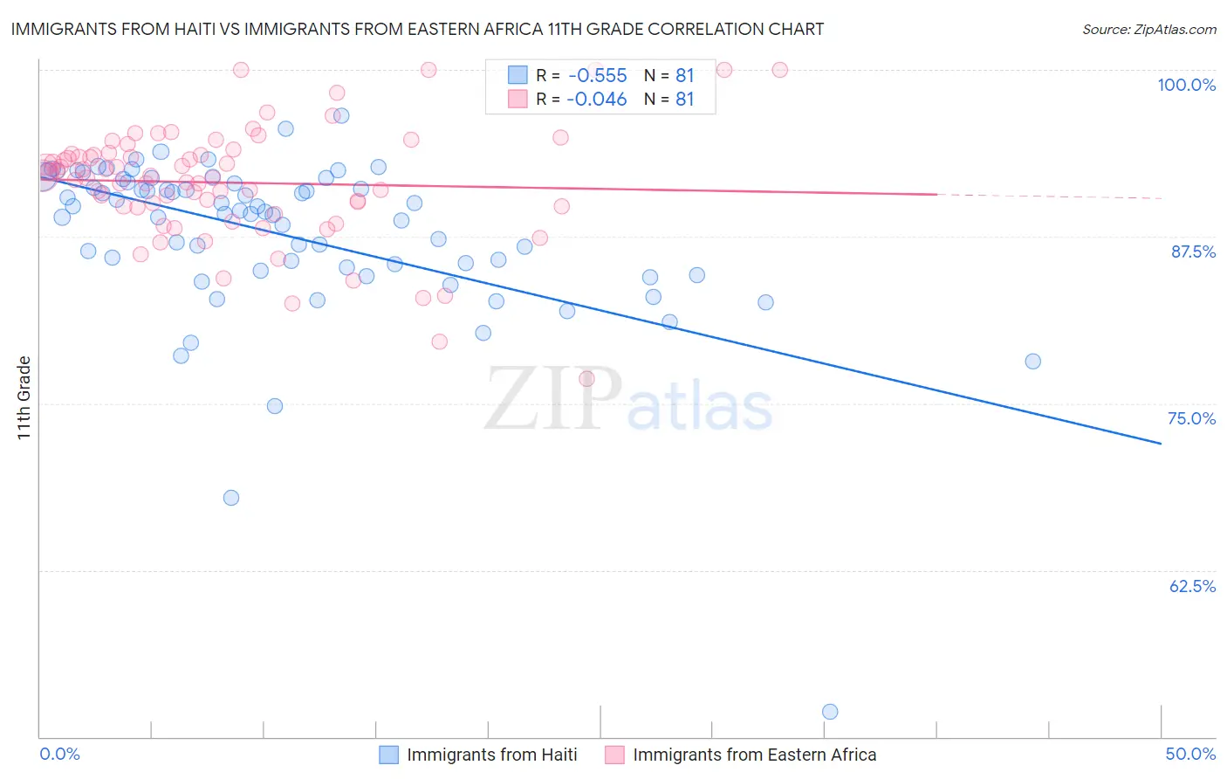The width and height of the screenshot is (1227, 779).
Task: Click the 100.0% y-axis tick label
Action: (x=1186, y=85)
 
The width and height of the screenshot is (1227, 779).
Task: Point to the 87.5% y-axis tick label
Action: (x=1193, y=252)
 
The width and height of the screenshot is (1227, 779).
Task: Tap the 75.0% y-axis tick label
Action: (x=1191, y=418)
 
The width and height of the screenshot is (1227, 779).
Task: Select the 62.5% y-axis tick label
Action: (x=1192, y=586)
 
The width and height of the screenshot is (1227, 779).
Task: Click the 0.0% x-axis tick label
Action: (x=59, y=754)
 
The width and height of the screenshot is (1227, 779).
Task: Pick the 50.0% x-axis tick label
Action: (x=1190, y=754)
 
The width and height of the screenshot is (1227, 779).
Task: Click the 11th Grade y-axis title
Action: (x=24, y=397)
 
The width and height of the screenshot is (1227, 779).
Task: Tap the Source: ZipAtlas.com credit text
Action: (x=1148, y=30)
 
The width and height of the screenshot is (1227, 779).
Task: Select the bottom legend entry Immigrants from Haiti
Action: (x=491, y=755)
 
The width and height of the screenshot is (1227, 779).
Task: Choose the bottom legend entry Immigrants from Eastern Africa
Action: (x=754, y=755)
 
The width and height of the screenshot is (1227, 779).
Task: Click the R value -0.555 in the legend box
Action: (x=597, y=76)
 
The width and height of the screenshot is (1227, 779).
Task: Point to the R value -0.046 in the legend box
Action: (x=597, y=100)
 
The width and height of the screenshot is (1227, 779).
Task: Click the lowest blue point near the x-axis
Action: (x=830, y=712)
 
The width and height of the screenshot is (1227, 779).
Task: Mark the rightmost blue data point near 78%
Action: (x=1032, y=362)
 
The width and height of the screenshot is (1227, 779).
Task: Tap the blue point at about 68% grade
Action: (x=231, y=498)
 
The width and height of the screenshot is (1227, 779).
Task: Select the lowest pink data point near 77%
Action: (x=586, y=379)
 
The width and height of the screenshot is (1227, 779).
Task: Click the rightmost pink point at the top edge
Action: (x=780, y=70)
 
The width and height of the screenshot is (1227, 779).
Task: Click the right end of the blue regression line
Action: (x=1161, y=444)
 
